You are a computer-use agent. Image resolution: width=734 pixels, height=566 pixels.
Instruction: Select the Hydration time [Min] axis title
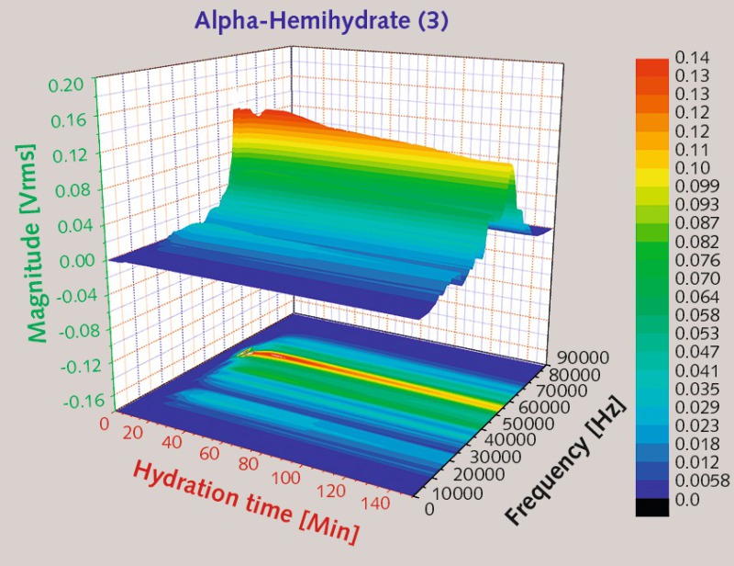coord(245,501)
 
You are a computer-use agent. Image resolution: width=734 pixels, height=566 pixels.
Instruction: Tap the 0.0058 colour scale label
coord(702,481)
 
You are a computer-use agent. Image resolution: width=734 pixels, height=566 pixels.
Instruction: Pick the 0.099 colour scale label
coord(695,187)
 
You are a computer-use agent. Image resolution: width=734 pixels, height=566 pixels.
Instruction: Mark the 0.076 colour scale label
coord(695,260)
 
